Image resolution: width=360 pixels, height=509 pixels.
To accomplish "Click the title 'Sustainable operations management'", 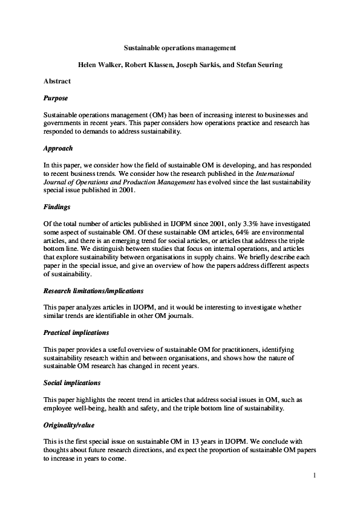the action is point(180,47).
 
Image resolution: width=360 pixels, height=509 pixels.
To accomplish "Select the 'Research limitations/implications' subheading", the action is point(93,290).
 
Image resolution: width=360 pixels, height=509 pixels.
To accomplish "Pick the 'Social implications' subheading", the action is point(72,383).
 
